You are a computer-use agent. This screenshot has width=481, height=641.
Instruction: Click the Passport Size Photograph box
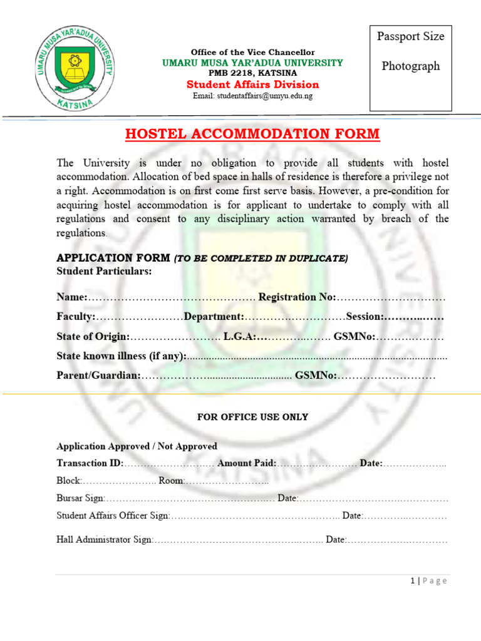[411, 68]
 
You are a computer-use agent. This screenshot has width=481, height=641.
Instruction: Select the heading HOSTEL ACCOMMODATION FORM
[252, 134]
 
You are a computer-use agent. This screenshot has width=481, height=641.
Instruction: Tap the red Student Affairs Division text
[252, 85]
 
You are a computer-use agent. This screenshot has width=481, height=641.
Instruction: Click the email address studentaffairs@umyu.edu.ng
[252, 96]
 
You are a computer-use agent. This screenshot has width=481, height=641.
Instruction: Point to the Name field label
[71, 297]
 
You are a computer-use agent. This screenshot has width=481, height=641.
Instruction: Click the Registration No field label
[297, 297]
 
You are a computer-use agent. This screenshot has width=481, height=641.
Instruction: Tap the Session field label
[365, 317]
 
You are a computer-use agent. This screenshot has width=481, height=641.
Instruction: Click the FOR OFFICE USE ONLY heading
[252, 417]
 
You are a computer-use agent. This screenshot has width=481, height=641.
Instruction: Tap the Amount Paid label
[246, 463]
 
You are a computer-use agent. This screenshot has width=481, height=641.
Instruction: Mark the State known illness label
[122, 356]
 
